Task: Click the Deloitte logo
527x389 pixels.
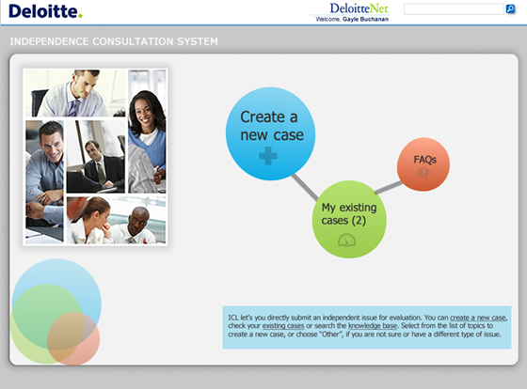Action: click(44, 11)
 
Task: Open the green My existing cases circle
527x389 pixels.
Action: click(349, 218)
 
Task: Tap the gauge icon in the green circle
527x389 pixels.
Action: click(348, 241)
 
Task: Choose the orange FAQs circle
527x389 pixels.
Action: click(423, 163)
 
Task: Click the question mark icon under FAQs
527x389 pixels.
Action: click(423, 173)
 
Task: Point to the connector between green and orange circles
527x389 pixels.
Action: click(390, 188)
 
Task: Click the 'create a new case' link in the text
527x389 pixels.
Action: click(478, 319)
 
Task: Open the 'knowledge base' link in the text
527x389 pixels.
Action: click(374, 326)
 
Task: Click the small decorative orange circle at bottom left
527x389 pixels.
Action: click(73, 338)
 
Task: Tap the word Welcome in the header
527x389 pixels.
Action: click(327, 19)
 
